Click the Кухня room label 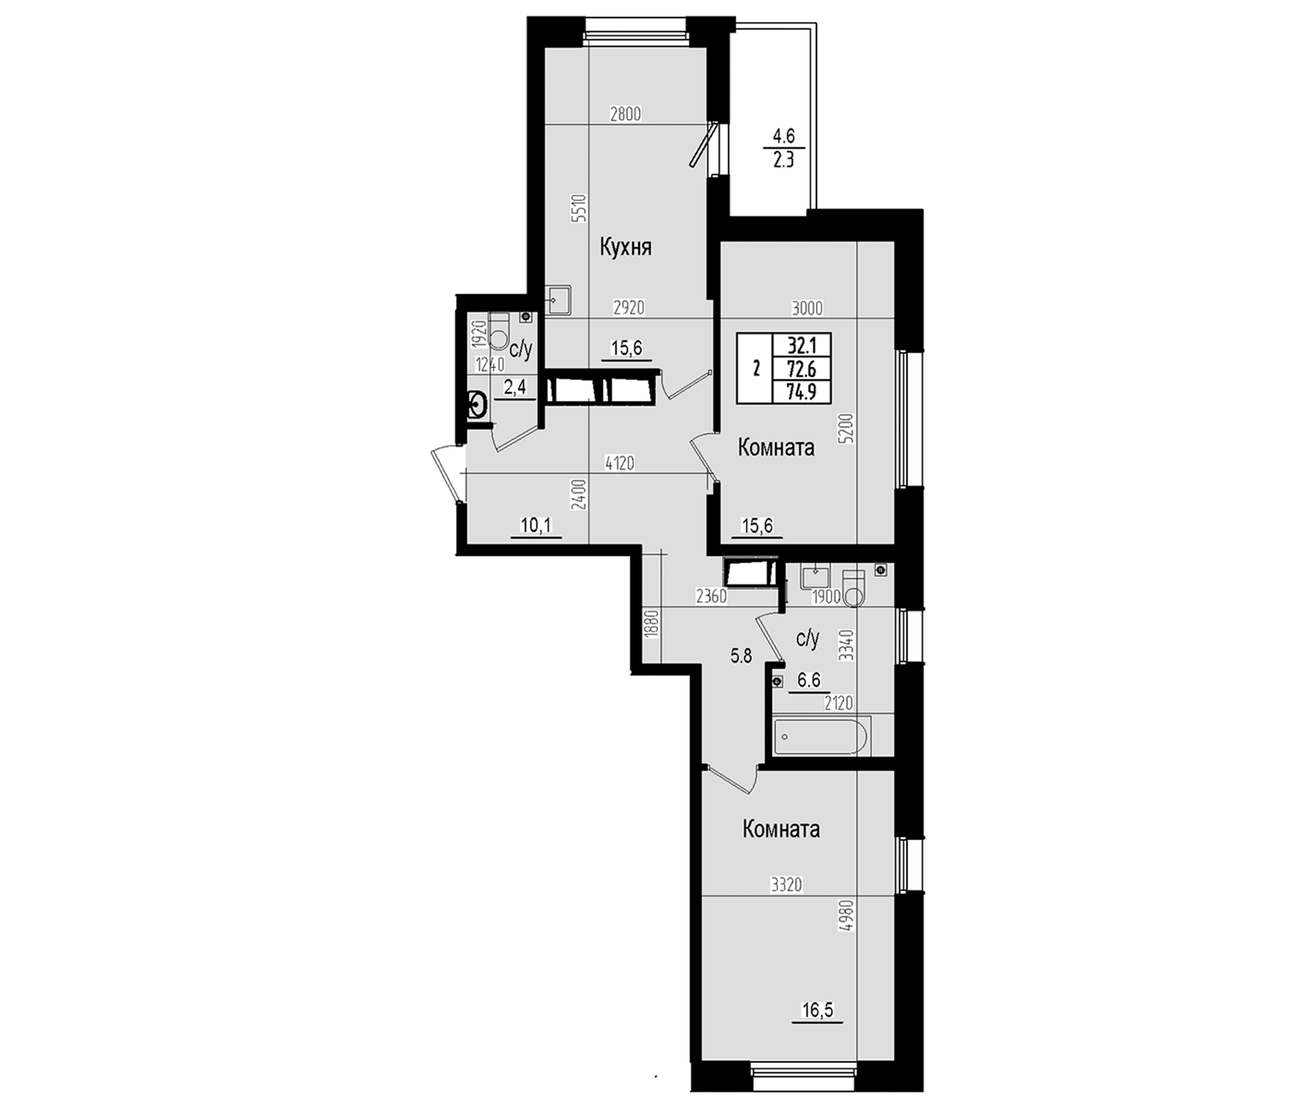pos(626,248)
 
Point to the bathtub pos(822,737)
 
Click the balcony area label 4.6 pos(784,136)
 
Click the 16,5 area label pos(816,1009)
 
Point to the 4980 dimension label pos(847,916)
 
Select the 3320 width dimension pos(786,884)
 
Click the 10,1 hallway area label pos(536,526)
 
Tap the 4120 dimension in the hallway pos(620,464)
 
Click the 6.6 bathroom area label pos(809,680)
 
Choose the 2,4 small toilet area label pos(515,388)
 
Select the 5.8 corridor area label pos(741,656)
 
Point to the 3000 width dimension pos(807,309)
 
